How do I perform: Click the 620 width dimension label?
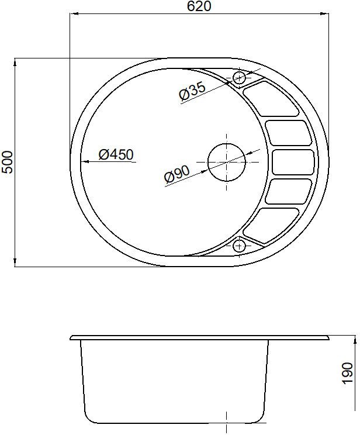(199, 6)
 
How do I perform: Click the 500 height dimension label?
(8, 163)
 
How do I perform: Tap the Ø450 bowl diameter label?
(116, 154)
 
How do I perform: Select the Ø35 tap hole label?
(192, 91)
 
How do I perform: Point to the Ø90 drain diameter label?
(177, 174)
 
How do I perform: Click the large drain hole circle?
(227, 163)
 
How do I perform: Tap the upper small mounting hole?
(239, 78)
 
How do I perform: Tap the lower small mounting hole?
(239, 246)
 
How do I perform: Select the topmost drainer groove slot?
(271, 99)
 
